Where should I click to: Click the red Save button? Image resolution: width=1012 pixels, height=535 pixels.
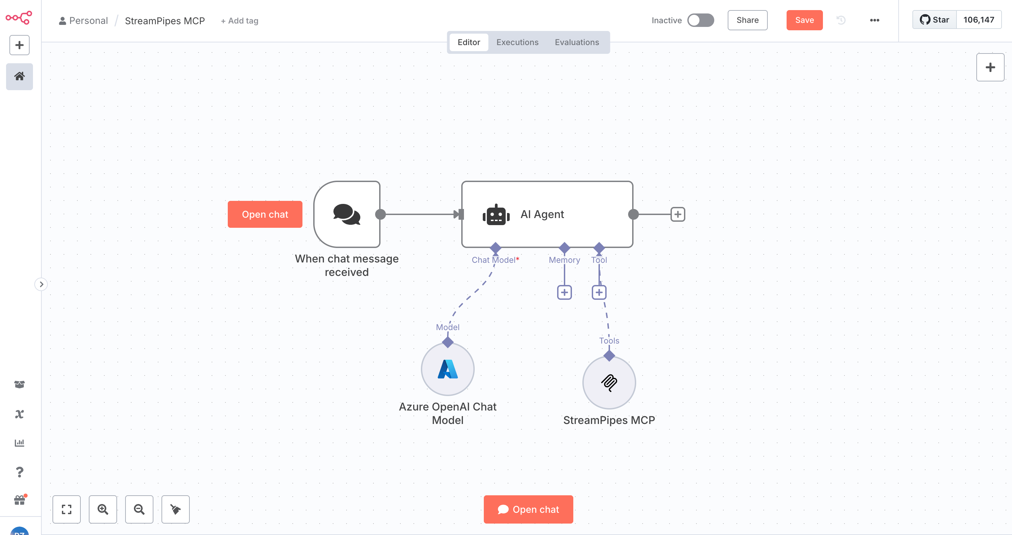tap(804, 20)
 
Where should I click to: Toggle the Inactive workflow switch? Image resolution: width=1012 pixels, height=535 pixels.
tap(700, 20)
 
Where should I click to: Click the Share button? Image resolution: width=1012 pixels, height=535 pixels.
tap(747, 20)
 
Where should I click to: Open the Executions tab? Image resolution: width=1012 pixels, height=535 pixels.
tap(517, 42)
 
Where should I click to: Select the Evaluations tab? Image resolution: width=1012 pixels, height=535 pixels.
tap(576, 42)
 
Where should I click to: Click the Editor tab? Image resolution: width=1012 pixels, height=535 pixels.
tap(468, 42)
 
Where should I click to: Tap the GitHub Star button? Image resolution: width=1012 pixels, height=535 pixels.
tap(934, 20)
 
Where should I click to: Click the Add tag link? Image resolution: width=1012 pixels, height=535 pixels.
tap(239, 21)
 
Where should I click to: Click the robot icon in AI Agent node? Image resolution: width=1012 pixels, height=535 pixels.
tap(496, 214)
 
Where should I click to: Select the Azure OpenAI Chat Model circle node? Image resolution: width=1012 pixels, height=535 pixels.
tap(447, 369)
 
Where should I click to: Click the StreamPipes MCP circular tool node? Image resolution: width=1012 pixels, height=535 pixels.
tap(609, 383)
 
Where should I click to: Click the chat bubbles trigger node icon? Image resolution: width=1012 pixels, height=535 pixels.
tap(347, 214)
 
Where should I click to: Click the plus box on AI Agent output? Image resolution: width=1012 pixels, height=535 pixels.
tap(677, 214)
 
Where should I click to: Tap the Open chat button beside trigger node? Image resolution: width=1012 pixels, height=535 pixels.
tap(265, 214)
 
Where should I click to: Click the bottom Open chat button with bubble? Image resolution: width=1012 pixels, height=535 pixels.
tap(528, 509)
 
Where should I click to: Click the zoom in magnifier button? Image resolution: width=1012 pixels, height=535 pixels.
tap(103, 509)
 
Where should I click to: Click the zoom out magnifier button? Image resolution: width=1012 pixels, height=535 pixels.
tap(139, 509)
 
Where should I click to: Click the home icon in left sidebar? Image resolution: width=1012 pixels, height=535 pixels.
tap(19, 76)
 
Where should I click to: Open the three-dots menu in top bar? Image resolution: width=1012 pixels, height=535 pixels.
tap(874, 20)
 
